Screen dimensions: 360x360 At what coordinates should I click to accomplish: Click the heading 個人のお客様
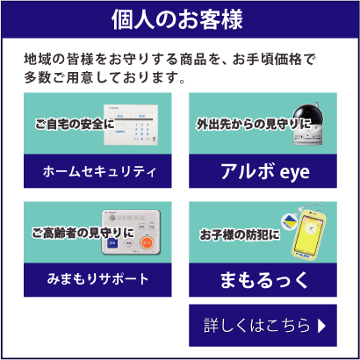pyautogui.click(x=177, y=20)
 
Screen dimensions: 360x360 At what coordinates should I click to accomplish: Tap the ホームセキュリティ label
pyautogui.click(x=99, y=172)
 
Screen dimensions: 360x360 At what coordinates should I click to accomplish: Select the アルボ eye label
pyautogui.click(x=265, y=171)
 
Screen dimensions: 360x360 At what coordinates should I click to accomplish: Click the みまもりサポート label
pyautogui.click(x=98, y=279)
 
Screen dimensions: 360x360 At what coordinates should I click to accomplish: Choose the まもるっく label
pyautogui.click(x=263, y=280)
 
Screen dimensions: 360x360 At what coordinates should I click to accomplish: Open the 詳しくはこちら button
pyautogui.click(x=263, y=326)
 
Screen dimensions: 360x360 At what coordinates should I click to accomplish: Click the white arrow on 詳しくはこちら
pyautogui.click(x=321, y=326)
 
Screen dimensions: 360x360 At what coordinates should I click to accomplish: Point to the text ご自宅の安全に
pyautogui.click(x=75, y=125)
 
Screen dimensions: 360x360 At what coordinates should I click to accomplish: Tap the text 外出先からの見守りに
pyautogui.click(x=254, y=124)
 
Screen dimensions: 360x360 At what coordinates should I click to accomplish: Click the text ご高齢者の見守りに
pyautogui.click(x=83, y=234)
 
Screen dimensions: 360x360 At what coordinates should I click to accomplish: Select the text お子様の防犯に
pyautogui.click(x=240, y=235)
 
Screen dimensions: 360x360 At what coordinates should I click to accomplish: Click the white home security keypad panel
pyautogui.click(x=131, y=125)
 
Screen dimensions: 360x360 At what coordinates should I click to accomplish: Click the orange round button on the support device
pyautogui.click(x=147, y=242)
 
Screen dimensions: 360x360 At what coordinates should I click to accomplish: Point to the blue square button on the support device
pyautogui.click(x=112, y=242)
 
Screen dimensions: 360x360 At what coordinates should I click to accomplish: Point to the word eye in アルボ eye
pyautogui.click(x=294, y=173)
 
